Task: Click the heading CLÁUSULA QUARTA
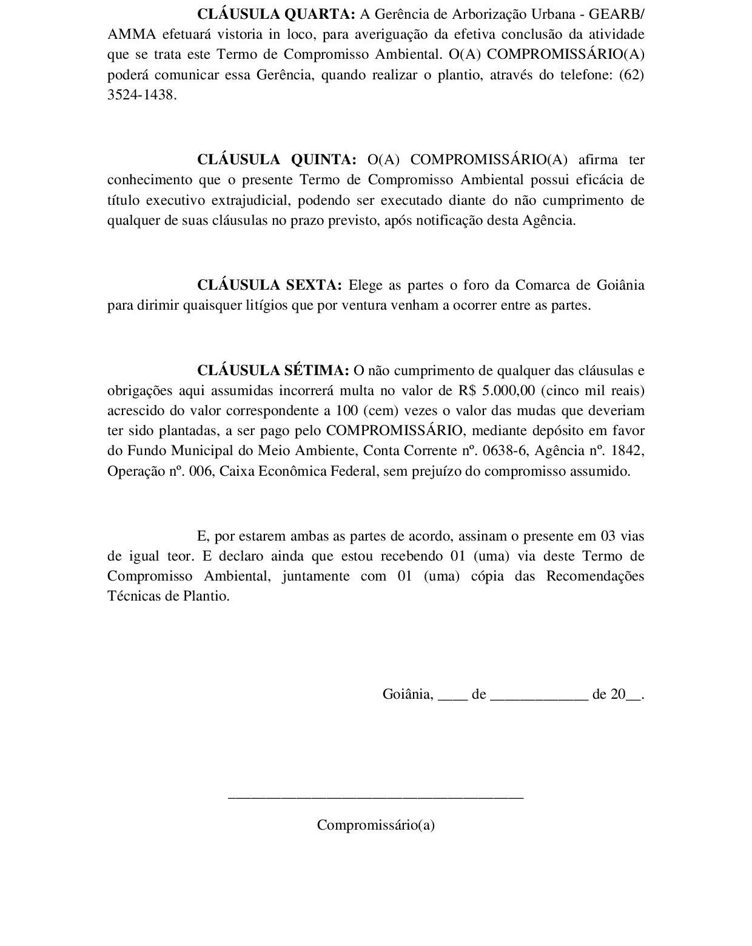(276, 14)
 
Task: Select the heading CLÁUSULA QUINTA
(277, 159)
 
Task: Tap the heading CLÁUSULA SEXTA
(269, 285)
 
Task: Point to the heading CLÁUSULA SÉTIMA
(273, 370)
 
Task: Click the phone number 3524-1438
(142, 96)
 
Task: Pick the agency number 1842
(626, 451)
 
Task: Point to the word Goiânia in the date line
(408, 695)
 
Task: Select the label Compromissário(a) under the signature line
(375, 825)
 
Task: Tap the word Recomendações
(595, 576)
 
